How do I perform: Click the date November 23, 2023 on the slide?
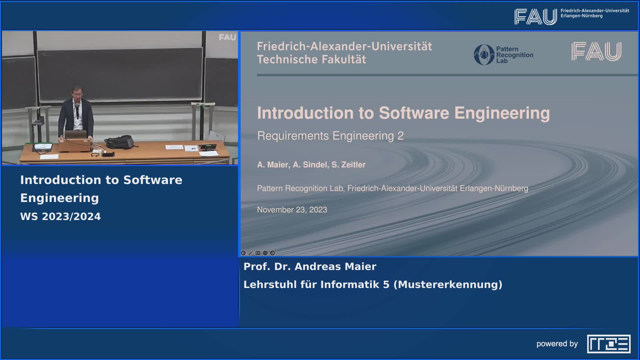click(292, 210)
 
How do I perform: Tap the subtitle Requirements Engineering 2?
click(330, 136)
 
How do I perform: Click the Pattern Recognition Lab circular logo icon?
click(484, 55)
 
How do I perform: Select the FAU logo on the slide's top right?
click(596, 51)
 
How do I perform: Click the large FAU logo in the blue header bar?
click(536, 17)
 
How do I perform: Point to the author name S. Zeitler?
click(348, 165)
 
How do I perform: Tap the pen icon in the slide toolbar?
click(251, 253)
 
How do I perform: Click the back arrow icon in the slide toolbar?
click(243, 253)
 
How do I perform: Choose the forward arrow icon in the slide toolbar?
click(272, 253)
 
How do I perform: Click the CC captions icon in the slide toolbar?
click(258, 253)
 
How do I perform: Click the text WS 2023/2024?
click(60, 216)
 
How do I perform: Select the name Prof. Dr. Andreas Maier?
click(310, 266)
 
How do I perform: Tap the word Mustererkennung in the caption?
click(448, 284)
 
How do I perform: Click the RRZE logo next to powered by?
click(609, 344)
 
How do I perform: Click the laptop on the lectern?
click(76, 135)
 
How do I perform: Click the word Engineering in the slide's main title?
click(502, 113)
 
